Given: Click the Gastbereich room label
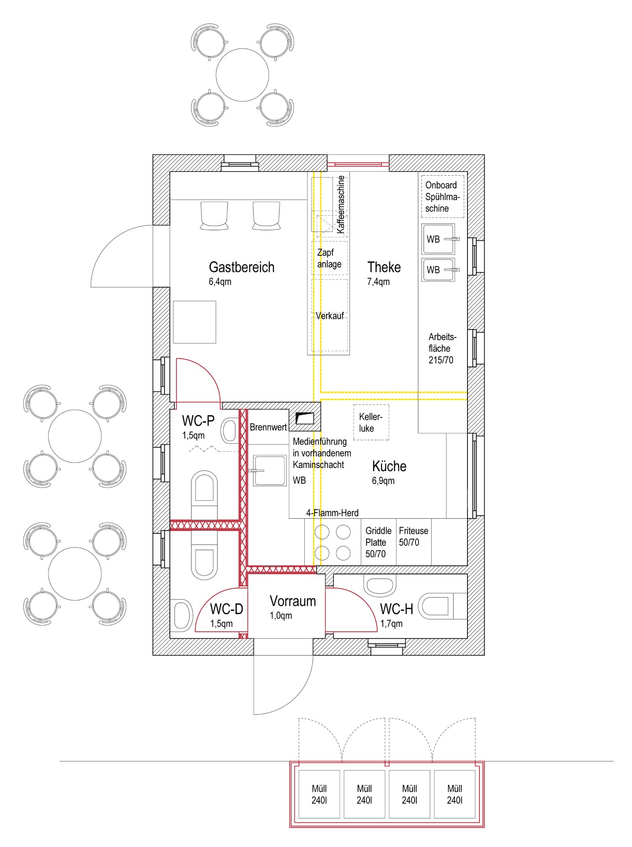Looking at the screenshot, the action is pos(241,267).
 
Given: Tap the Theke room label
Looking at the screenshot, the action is pos(384,267).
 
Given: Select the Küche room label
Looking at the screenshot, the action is pos(389,466).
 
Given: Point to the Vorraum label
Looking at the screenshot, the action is pos(293,601).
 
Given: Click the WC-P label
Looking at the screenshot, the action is pos(198,421).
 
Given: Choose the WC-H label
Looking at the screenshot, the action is pos(396,609).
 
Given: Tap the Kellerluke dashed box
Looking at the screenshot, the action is pos(371,422).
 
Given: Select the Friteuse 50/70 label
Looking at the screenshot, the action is pos(413,536).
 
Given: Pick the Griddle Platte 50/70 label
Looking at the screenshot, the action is pos(378,542).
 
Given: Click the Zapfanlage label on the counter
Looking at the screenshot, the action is pos(329,259).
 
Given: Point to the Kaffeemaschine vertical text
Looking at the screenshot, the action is pos(340,205).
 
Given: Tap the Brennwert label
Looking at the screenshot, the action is pos(268,427).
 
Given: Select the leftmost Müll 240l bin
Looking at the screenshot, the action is pos(319,795).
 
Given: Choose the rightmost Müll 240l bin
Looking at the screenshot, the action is pos(455,795).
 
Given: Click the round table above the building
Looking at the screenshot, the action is pos(242,75).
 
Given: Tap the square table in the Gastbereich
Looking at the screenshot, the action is pos(194,322).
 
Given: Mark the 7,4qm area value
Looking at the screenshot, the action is pos(378,282).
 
